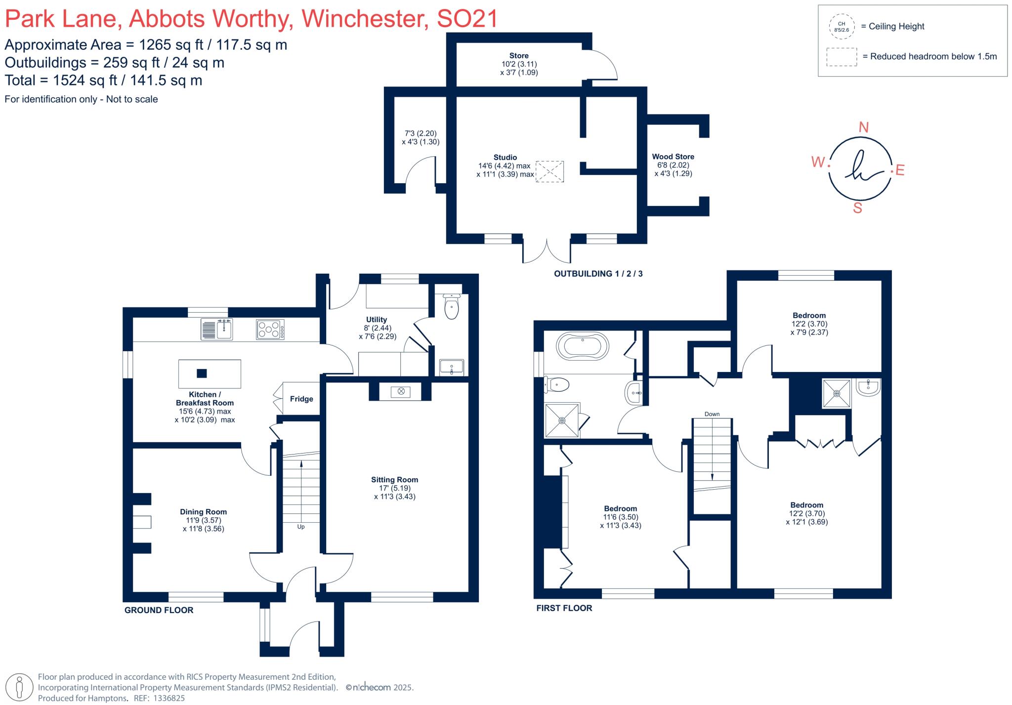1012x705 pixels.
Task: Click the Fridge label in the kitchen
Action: click(x=301, y=399)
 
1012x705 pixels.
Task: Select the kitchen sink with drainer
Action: click(x=217, y=330)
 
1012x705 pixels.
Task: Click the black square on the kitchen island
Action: click(x=202, y=373)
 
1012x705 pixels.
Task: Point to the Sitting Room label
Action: click(x=394, y=480)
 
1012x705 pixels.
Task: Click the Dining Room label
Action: click(x=203, y=512)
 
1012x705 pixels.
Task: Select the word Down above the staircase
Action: click(x=712, y=414)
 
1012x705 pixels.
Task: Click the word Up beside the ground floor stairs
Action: click(x=301, y=527)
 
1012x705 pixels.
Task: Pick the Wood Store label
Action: click(x=673, y=157)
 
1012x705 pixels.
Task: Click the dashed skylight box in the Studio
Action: click(x=550, y=171)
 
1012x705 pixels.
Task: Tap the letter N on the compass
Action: click(x=863, y=127)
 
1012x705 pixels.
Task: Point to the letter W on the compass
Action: click(x=818, y=162)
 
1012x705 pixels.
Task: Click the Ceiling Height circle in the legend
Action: click(x=842, y=27)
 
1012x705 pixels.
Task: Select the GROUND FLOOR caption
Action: click(x=159, y=610)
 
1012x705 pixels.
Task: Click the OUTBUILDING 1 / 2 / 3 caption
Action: click(x=598, y=274)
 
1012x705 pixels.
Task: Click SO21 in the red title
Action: click(x=467, y=19)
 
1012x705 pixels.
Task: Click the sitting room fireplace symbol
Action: click(x=401, y=391)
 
